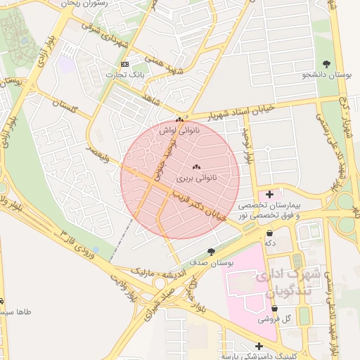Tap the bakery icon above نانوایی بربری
pos(196,167)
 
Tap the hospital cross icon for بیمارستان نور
pos(270,193)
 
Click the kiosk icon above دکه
pos(270,232)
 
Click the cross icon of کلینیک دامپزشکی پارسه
pos(259,347)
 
